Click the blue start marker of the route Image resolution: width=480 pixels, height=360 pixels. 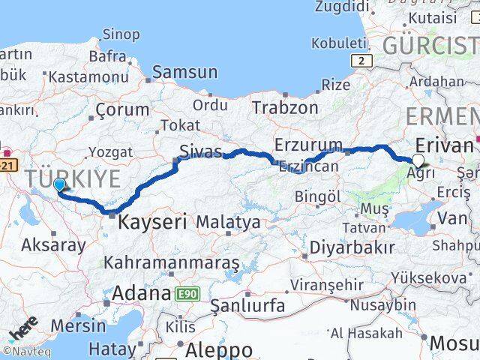click(x=59, y=184)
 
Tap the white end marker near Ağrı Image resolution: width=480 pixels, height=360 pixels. click(x=418, y=160)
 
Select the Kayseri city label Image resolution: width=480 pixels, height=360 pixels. click(x=152, y=222)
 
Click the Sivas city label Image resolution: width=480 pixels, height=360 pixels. click(x=200, y=151)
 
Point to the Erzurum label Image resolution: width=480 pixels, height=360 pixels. click(x=309, y=144)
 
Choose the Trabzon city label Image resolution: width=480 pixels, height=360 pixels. click(x=285, y=107)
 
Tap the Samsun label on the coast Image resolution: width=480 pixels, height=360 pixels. click(x=184, y=73)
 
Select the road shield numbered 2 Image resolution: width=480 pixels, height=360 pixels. click(x=362, y=61)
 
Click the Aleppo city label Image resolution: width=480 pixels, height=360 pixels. click(x=219, y=349)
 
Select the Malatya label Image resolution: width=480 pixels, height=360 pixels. click(x=228, y=222)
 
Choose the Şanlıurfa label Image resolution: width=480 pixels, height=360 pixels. click(x=247, y=306)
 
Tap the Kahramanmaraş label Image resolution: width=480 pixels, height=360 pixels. click(x=172, y=263)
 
